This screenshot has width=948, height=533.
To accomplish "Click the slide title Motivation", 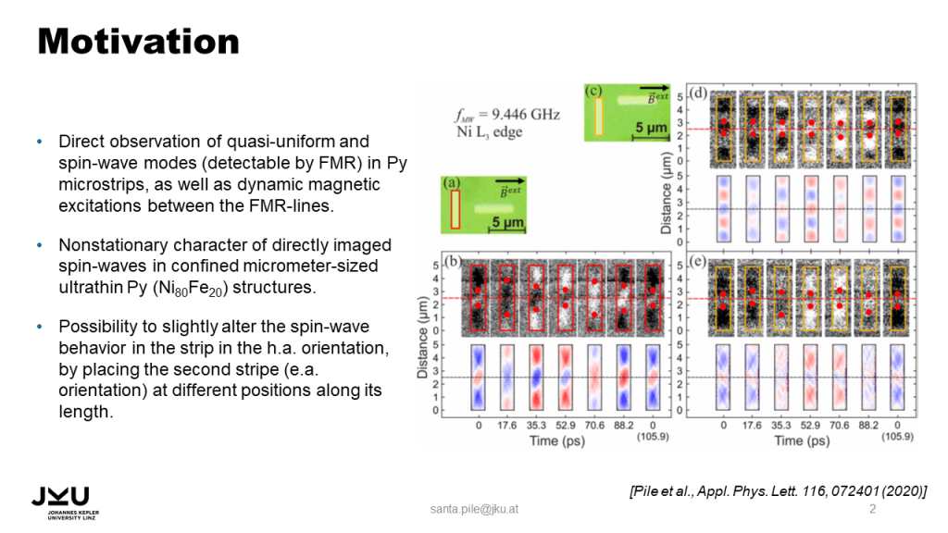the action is tap(139, 41).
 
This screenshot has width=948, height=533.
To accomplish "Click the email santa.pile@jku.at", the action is tap(474, 509).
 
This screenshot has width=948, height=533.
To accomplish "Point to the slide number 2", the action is tap(872, 509).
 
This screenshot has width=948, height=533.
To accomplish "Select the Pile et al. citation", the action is tap(778, 490).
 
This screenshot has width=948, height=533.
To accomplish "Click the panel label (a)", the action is tap(451, 182).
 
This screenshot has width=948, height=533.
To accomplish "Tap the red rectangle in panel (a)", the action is tap(455, 209).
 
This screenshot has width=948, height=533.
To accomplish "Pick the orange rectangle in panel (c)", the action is tap(599, 116).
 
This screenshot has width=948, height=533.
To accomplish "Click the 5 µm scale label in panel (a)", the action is tap(507, 222).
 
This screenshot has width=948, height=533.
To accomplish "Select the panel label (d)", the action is tap(698, 93).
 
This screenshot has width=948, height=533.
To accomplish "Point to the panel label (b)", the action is tap(452, 260).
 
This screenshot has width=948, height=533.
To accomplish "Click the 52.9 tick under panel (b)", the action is tap(566, 426).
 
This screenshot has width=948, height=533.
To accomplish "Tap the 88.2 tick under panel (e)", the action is tap(868, 426).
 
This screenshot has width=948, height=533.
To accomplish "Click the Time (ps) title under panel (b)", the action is tap(556, 441).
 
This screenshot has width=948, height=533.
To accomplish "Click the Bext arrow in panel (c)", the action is tap(655, 88).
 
